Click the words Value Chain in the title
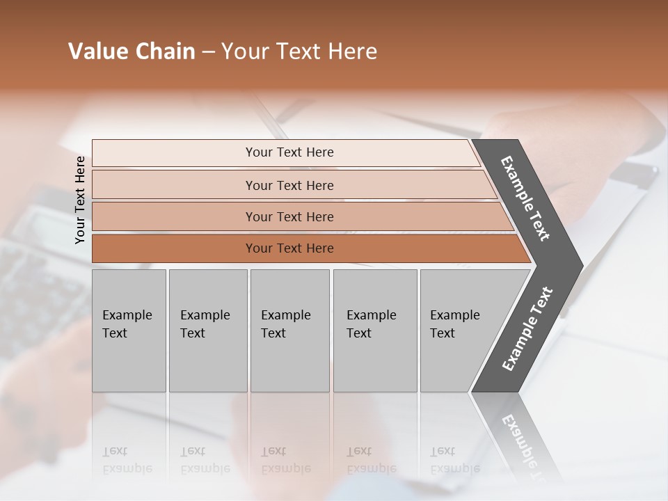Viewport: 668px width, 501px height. click(132, 51)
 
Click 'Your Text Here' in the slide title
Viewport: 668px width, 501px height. click(299, 51)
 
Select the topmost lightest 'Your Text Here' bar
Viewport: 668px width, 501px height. click(289, 152)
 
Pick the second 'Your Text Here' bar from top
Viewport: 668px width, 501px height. click(289, 185)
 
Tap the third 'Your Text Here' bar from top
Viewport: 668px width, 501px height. click(289, 216)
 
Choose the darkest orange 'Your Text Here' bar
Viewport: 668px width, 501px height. click(289, 248)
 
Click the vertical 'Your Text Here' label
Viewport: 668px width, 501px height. click(80, 200)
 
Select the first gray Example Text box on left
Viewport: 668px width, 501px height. click(129, 330)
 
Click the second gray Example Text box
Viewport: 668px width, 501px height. click(207, 330)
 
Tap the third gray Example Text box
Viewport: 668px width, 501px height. click(289, 330)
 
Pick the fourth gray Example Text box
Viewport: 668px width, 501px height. click(374, 330)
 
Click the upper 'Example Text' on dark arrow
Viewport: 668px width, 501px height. click(525, 198)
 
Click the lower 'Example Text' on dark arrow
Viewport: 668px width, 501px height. click(527, 329)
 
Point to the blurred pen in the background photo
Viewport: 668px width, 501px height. click(275, 118)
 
